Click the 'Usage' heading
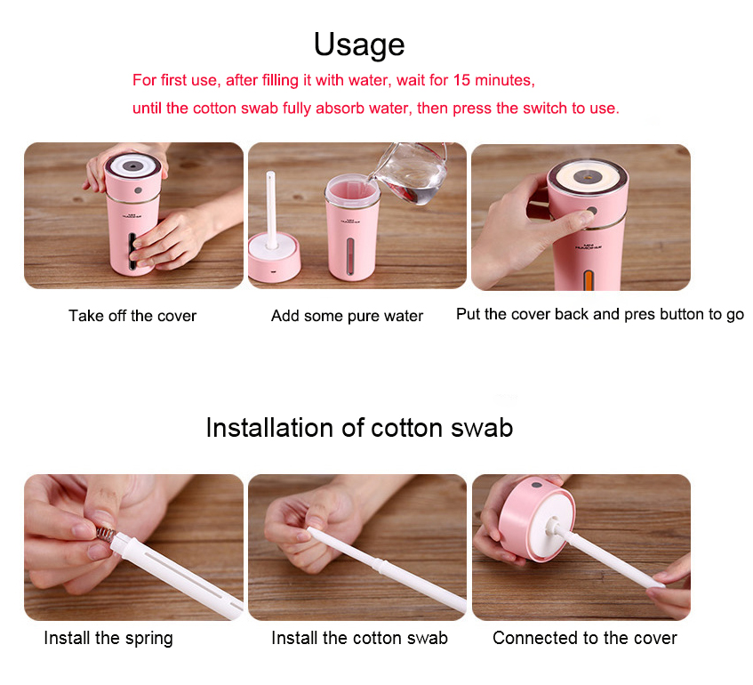(359, 45)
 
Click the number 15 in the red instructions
(461, 80)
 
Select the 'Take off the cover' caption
(132, 316)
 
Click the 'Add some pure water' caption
(348, 316)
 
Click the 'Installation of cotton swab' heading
(359, 427)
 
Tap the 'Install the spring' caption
(108, 639)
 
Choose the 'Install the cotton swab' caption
(359, 638)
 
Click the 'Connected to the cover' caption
(584, 638)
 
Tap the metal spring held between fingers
(105, 535)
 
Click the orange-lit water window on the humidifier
(589, 279)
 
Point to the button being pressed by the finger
(592, 211)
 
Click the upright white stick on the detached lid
(271, 210)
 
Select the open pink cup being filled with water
(351, 228)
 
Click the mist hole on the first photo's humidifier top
(133, 166)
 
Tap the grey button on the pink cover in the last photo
(537, 485)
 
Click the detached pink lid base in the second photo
(274, 258)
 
